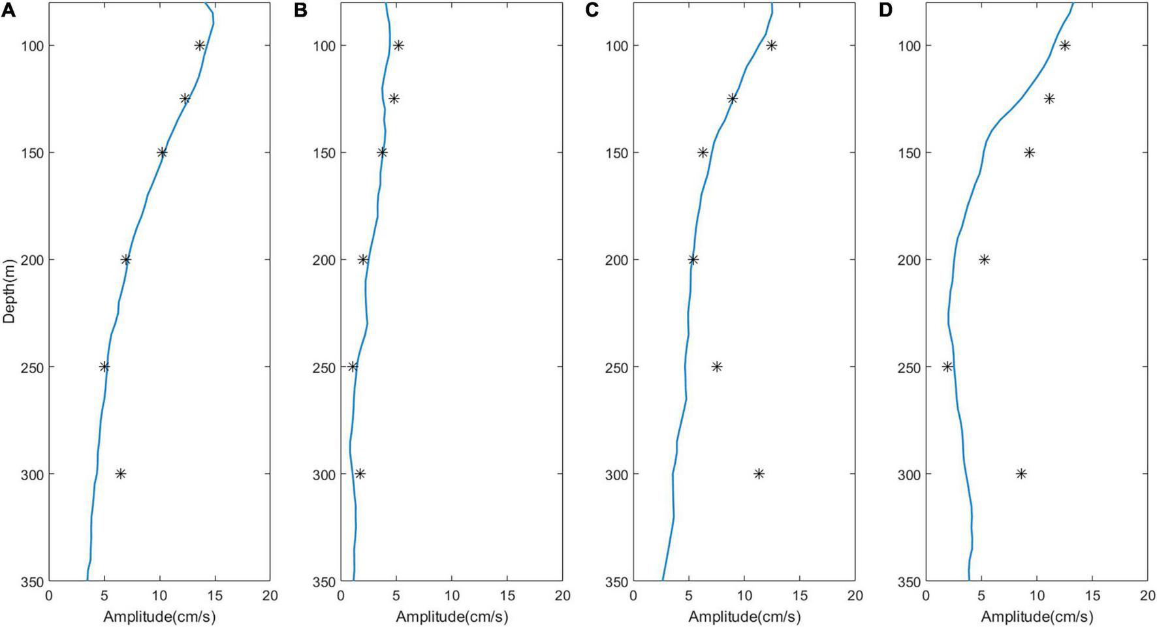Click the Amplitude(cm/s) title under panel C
coord(744,617)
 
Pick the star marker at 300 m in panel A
coord(120,474)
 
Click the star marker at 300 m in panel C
coord(759,474)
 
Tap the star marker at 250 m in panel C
coord(716,367)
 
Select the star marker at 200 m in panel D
coord(984,260)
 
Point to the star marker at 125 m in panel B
coord(394,99)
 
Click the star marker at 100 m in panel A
coord(200,46)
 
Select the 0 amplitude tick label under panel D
coord(925,595)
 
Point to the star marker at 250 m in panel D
coord(947,367)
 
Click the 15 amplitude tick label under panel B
coord(507,595)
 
